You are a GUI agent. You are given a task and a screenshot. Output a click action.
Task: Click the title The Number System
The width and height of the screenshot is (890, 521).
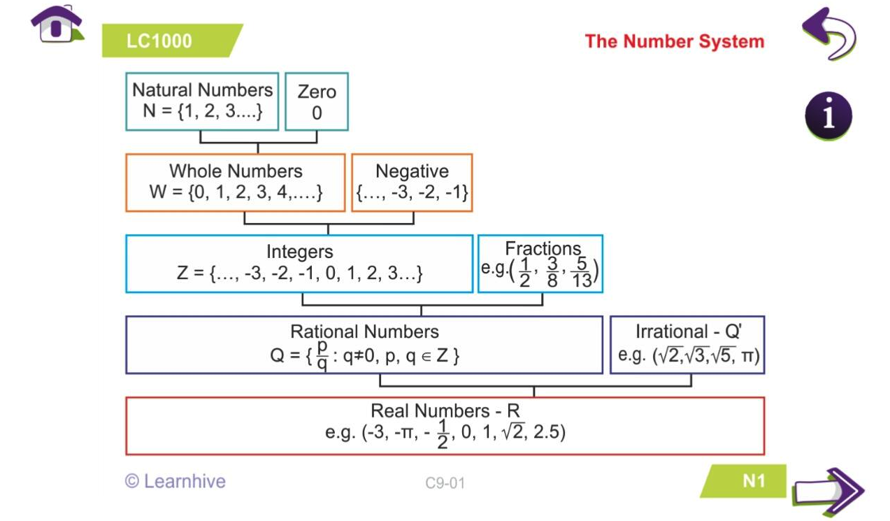click(x=674, y=41)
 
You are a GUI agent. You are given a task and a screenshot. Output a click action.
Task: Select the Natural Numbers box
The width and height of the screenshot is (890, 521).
click(x=202, y=101)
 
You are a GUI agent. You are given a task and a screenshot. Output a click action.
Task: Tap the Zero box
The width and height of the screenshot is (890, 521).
click(x=317, y=101)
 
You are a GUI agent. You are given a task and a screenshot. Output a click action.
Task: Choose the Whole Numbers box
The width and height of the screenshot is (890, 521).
click(x=236, y=182)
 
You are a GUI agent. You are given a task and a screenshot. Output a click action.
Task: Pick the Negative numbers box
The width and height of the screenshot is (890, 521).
click(x=412, y=182)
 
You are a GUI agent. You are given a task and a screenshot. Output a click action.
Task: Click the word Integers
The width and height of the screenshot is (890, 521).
click(x=299, y=251)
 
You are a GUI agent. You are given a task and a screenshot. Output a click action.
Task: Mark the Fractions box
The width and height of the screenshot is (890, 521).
click(x=540, y=263)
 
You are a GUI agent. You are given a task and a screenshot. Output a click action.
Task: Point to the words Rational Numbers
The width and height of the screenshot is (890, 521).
click(x=364, y=331)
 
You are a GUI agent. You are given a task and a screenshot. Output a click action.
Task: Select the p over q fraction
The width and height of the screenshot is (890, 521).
click(x=322, y=355)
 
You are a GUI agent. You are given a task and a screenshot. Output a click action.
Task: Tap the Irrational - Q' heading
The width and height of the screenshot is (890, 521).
click(x=688, y=331)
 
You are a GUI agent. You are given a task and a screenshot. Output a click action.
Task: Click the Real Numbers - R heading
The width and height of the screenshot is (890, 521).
click(x=445, y=411)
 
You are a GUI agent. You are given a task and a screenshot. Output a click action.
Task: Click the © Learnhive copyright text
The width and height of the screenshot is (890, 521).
click(x=175, y=481)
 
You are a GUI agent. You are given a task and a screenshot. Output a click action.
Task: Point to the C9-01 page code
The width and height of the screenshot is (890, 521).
click(x=445, y=483)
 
